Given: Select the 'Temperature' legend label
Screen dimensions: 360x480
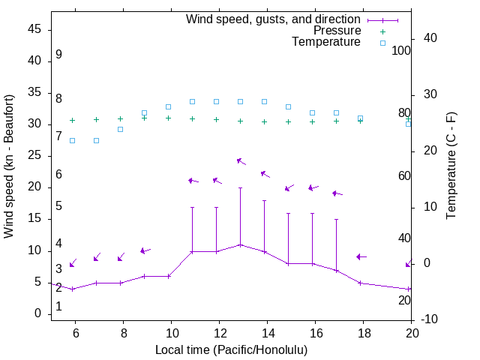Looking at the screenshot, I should pos(326,42).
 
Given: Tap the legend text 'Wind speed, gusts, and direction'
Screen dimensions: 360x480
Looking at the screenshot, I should pos(274,19).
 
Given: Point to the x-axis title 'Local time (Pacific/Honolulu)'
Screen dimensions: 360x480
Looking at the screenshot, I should pos(231,349).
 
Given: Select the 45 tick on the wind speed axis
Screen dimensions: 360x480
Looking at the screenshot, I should pos(34,29).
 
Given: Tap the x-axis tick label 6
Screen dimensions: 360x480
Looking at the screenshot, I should pos(75,331).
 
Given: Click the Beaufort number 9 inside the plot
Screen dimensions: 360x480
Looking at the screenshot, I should pos(58,55).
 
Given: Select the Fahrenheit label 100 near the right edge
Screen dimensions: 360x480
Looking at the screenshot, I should pos(401,51).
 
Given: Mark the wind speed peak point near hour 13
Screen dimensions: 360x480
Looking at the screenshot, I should pos(240,244).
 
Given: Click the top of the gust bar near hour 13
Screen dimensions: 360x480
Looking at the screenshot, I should pos(240,187).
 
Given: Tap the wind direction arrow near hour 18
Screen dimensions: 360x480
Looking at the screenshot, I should pos(361,257).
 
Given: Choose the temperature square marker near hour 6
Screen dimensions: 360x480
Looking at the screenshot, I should pos(72,140).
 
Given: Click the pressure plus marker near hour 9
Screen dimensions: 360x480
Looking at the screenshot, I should pos(144,118).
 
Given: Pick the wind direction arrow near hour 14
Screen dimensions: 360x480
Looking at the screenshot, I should pos(265,174).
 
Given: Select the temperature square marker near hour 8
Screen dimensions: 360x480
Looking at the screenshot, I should pos(120,129).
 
